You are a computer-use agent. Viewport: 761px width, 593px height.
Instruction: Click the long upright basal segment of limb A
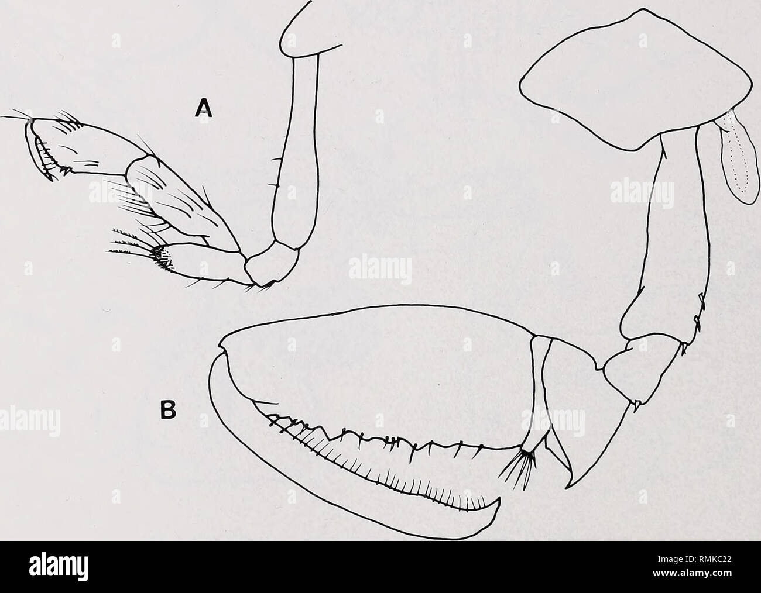[297, 154]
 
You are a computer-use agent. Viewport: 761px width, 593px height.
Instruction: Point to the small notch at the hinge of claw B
[222, 349]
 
